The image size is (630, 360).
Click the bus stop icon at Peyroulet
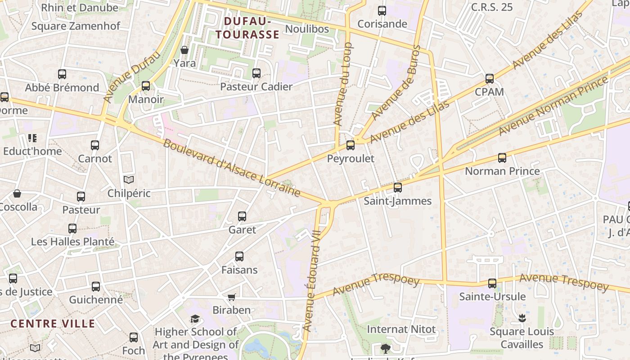351,145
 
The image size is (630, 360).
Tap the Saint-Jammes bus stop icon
398,188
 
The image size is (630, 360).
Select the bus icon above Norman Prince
502,158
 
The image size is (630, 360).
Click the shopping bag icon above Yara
184,49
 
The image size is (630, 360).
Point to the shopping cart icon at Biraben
231,297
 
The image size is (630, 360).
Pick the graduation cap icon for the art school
195,319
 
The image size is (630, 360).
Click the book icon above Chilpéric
129,180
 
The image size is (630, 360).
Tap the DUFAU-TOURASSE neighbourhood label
247,28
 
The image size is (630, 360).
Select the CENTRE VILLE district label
53,324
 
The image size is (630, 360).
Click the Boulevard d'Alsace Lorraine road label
231,168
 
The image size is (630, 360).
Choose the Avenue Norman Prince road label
553,106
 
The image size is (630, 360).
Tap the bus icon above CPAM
490,79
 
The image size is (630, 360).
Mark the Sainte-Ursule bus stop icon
492,283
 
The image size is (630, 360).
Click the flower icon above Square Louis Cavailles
522,319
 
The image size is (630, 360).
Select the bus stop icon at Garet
242,216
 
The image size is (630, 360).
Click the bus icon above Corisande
382,11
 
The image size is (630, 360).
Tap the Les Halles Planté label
72,242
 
